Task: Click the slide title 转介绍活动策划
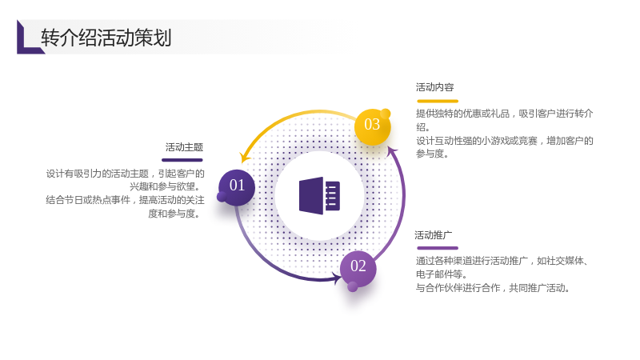tap(106, 38)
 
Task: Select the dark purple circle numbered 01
tap(237, 187)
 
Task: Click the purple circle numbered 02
tap(358, 268)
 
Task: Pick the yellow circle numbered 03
tap(372, 126)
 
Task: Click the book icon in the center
tap(319, 195)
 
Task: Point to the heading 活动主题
tap(184, 147)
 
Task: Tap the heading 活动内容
tap(434, 87)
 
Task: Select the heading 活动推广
tap(434, 235)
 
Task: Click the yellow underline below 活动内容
tap(438, 101)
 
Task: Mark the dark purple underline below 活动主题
tap(182, 160)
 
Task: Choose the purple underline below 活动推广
tap(438, 248)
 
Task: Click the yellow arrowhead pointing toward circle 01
tap(245, 157)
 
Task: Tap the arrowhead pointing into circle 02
tap(337, 279)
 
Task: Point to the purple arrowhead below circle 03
tap(392, 151)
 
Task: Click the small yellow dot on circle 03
tap(386, 114)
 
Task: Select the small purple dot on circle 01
tap(222, 197)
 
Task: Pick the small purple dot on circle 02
tap(353, 287)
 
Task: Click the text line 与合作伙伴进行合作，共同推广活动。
tap(493, 288)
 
